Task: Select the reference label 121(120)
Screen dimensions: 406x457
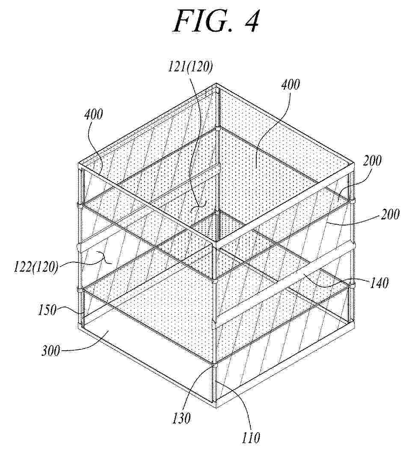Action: pos(190,67)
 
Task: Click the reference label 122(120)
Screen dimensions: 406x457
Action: pos(36,267)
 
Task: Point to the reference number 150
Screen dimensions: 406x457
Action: pos(47,310)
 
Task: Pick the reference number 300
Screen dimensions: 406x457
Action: pos(51,351)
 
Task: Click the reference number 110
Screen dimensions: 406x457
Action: pos(251,437)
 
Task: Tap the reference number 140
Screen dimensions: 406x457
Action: pos(379,283)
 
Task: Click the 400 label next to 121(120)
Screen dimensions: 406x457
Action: pos(290,84)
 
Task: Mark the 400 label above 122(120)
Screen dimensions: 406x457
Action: pos(94,114)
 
